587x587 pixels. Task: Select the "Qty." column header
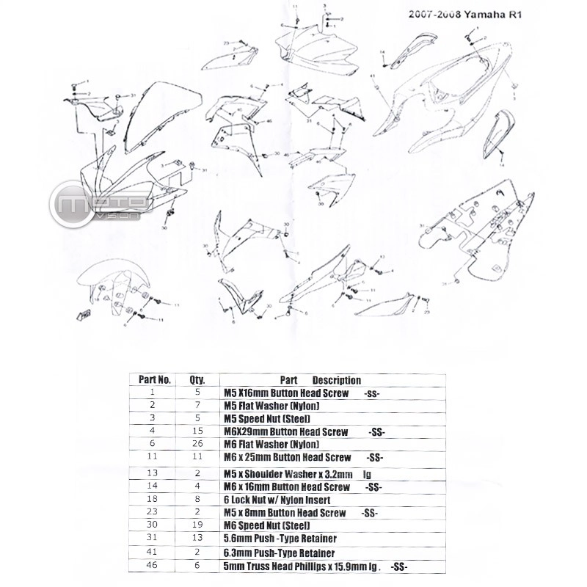196,380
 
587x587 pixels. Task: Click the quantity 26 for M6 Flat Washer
196,444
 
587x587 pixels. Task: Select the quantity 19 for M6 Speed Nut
196,525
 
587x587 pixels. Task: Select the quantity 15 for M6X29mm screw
196,431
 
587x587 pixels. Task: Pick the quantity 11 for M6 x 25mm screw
196,456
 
